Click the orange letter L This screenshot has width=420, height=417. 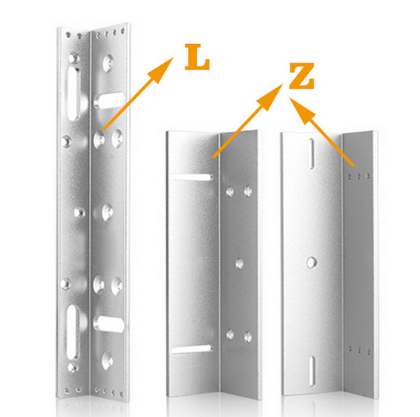197,57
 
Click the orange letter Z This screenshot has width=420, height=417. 302,76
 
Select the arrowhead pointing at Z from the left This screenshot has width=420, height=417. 270,97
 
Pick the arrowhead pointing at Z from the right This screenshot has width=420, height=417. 302,111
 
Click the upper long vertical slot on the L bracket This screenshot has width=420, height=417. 73,94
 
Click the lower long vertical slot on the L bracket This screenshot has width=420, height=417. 72,332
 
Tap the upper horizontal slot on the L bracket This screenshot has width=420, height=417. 109,100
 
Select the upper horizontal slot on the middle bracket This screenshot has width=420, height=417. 192,177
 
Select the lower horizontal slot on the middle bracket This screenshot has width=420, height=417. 191,349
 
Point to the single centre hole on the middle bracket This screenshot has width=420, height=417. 239,264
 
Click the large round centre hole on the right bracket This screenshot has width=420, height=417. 311,262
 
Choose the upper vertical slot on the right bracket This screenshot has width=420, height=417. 311,154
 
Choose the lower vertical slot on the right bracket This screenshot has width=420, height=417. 312,371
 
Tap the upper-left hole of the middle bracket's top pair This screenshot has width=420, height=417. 230,191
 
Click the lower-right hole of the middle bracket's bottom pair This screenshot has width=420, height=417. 248,336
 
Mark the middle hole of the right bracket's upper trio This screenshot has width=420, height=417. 359,176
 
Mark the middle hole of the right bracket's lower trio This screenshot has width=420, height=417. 360,350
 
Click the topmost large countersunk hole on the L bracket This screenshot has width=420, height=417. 108,63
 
